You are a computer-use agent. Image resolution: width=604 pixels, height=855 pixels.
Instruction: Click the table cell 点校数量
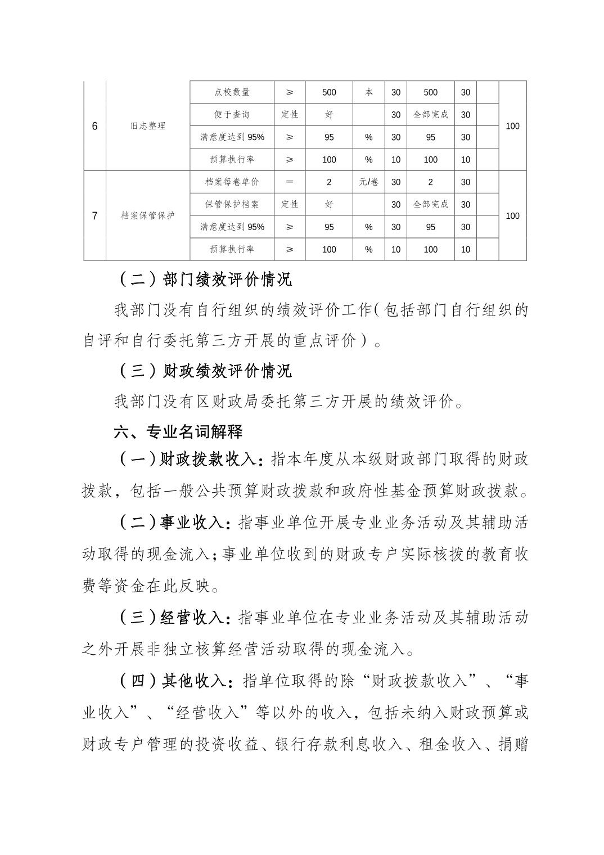coord(232,92)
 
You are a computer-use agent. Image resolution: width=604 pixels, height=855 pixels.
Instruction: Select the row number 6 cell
coord(94,126)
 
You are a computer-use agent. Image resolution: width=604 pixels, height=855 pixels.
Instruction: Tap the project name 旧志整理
coord(148,126)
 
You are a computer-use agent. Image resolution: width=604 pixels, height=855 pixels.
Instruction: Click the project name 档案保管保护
coord(148,216)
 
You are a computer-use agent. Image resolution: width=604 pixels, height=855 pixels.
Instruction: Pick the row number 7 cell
coord(94,216)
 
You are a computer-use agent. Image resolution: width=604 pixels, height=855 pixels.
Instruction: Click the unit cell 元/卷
coord(368,182)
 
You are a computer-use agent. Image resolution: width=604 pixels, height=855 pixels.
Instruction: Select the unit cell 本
coord(368,92)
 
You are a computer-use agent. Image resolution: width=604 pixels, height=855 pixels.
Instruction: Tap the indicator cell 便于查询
coord(232,115)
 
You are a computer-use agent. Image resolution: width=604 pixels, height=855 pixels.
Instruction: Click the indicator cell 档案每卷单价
coord(232,182)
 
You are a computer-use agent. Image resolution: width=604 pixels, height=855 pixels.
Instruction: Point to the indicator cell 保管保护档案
coord(232,205)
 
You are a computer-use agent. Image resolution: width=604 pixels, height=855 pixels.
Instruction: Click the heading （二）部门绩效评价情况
coord(205,280)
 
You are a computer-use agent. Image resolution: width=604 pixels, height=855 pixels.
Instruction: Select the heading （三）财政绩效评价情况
coord(205,371)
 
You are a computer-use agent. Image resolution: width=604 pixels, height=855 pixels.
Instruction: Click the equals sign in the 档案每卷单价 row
coord(290,182)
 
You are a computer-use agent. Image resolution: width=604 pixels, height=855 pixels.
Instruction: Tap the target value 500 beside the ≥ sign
coord(329,92)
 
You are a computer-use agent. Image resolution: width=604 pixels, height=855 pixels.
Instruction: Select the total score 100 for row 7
coord(512,216)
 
